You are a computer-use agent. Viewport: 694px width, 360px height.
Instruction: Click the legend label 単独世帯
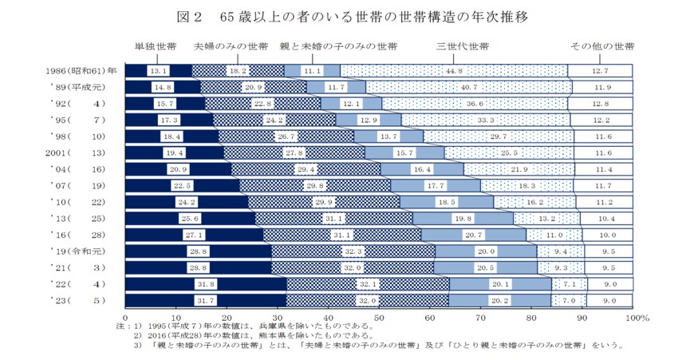pyautogui.click(x=156, y=47)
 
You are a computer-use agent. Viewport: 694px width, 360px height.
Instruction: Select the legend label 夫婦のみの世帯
pyautogui.click(x=231, y=47)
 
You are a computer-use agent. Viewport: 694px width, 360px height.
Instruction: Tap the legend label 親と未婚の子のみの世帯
pyautogui.click(x=339, y=47)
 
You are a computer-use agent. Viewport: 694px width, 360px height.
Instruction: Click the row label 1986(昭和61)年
pyautogui.click(x=80, y=70)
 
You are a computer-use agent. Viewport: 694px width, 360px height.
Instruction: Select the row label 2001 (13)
pyautogui.click(x=80, y=152)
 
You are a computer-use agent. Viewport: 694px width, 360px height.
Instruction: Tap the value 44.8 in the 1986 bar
pyautogui.click(x=455, y=71)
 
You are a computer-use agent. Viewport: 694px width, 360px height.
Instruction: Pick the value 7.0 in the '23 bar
pyautogui.click(x=568, y=300)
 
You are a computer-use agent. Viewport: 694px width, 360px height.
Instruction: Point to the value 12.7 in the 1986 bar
pyautogui.click(x=600, y=71)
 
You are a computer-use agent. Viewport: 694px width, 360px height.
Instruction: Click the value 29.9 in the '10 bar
pyautogui.click(x=323, y=202)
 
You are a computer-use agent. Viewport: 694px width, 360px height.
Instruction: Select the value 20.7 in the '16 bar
pyautogui.click(x=473, y=235)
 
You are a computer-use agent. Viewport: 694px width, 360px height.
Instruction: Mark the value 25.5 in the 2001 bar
pyautogui.click(x=509, y=152)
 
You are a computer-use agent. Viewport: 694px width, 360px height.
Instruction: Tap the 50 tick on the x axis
pyautogui.click(x=379, y=318)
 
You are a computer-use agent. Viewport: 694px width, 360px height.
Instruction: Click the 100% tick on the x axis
pyautogui.click(x=629, y=318)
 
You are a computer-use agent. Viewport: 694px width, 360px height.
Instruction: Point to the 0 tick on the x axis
pyautogui.click(x=126, y=318)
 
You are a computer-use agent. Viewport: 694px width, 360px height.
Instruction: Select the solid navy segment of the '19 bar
pyautogui.click(x=199, y=251)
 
